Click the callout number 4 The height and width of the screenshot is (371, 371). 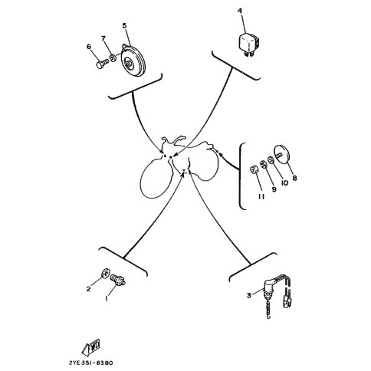point(240,11)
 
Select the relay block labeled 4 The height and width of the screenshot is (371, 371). point(249,44)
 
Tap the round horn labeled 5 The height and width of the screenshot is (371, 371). point(133,61)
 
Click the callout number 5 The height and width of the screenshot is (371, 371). point(124,25)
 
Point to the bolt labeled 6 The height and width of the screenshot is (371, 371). point(103,63)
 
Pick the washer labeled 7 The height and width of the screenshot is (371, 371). point(113,57)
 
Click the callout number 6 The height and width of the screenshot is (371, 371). point(89,47)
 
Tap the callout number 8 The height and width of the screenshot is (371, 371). point(294,178)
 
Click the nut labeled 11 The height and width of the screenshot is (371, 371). point(254,169)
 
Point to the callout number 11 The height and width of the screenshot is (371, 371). point(261,196)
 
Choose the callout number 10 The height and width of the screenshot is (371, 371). point(284,182)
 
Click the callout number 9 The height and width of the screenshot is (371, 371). point(274,189)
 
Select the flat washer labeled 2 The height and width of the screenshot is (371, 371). point(105,274)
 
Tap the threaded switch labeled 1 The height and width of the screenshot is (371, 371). point(118,280)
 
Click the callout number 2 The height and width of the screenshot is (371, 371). point(88,289)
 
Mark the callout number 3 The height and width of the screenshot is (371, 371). point(249,295)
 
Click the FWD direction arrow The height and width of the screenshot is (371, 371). point(91,348)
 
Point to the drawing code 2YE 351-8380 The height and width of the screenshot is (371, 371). point(90,363)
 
